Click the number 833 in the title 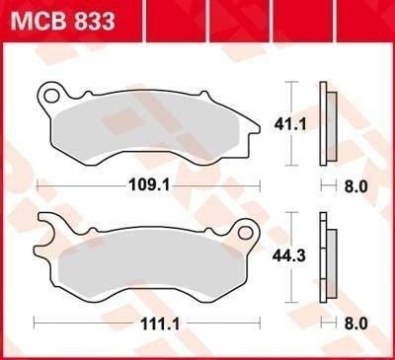tap(89, 21)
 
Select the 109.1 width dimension tap(148, 183)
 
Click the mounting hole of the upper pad tap(52, 96)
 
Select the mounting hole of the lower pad tap(246, 233)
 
